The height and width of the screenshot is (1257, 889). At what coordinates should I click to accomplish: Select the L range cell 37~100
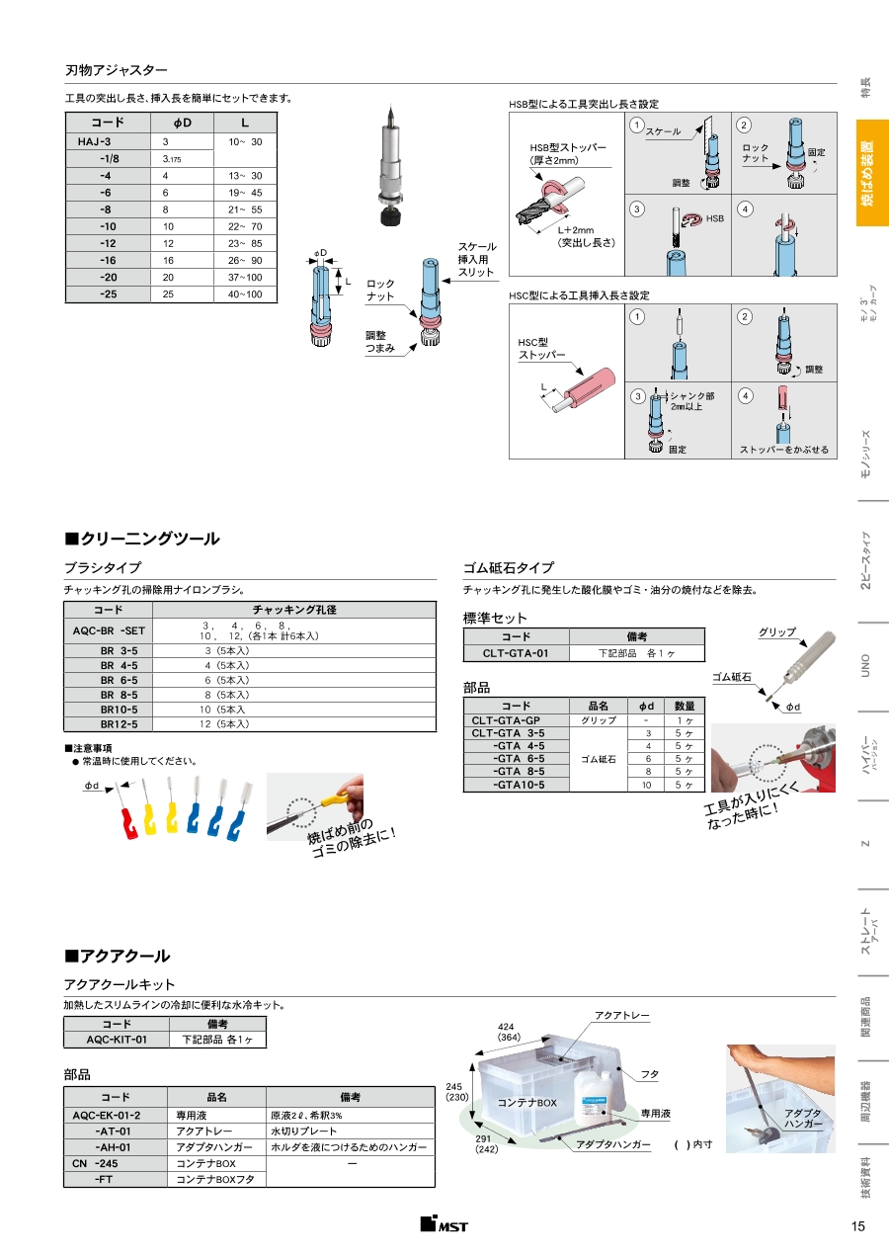coord(245,278)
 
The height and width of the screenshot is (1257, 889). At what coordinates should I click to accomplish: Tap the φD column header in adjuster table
coord(182,124)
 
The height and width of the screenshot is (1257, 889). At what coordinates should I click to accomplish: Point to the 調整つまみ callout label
coord(380,342)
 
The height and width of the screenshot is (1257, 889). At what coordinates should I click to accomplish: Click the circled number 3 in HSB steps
coord(638,209)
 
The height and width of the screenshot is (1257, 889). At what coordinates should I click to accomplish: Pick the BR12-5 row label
coord(119,724)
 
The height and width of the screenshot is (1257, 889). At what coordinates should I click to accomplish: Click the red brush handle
coord(126,821)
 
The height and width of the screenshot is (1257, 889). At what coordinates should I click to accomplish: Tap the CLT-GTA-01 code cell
coord(515,653)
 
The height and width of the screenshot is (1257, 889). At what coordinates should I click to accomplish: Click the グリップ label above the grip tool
coord(776,631)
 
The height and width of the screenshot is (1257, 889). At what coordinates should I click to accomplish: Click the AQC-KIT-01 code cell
coord(116,1040)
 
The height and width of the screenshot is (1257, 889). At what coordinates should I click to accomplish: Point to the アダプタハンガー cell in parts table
coord(214,1147)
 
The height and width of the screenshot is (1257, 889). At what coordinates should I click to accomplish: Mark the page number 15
coord(856,1226)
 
